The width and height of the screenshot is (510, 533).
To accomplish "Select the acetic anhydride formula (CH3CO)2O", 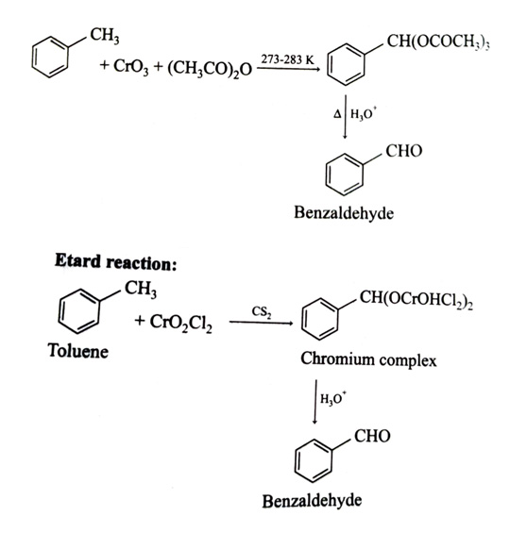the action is click(x=210, y=69).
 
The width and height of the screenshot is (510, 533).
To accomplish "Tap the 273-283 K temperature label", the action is click(x=287, y=59).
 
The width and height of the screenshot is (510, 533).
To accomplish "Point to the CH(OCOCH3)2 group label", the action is click(x=438, y=42).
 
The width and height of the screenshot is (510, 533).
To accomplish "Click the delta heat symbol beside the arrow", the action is click(x=337, y=114).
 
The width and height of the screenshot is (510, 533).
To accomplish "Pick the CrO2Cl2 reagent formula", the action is click(x=180, y=323).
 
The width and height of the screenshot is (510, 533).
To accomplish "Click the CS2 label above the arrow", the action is click(x=262, y=312).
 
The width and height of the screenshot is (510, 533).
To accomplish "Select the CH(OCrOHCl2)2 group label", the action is click(x=416, y=299).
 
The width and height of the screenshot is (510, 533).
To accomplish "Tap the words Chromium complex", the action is click(x=368, y=359).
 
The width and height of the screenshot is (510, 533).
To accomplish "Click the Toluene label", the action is click(x=78, y=351).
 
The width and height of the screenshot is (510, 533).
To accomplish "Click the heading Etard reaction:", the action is click(x=115, y=262).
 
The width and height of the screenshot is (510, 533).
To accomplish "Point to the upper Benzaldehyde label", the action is click(x=344, y=213).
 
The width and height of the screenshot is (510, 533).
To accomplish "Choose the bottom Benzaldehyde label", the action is click(x=312, y=501).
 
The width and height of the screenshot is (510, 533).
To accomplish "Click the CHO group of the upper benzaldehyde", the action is click(x=404, y=151).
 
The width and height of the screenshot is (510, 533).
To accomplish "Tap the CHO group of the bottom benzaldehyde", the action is click(x=372, y=436).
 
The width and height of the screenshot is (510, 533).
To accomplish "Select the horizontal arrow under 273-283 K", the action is click(x=288, y=69).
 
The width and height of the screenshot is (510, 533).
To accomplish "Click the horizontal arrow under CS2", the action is click(x=261, y=323).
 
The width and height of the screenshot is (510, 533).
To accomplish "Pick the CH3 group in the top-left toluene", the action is click(x=105, y=36).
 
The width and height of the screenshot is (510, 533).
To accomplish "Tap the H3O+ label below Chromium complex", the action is click(x=333, y=398).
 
